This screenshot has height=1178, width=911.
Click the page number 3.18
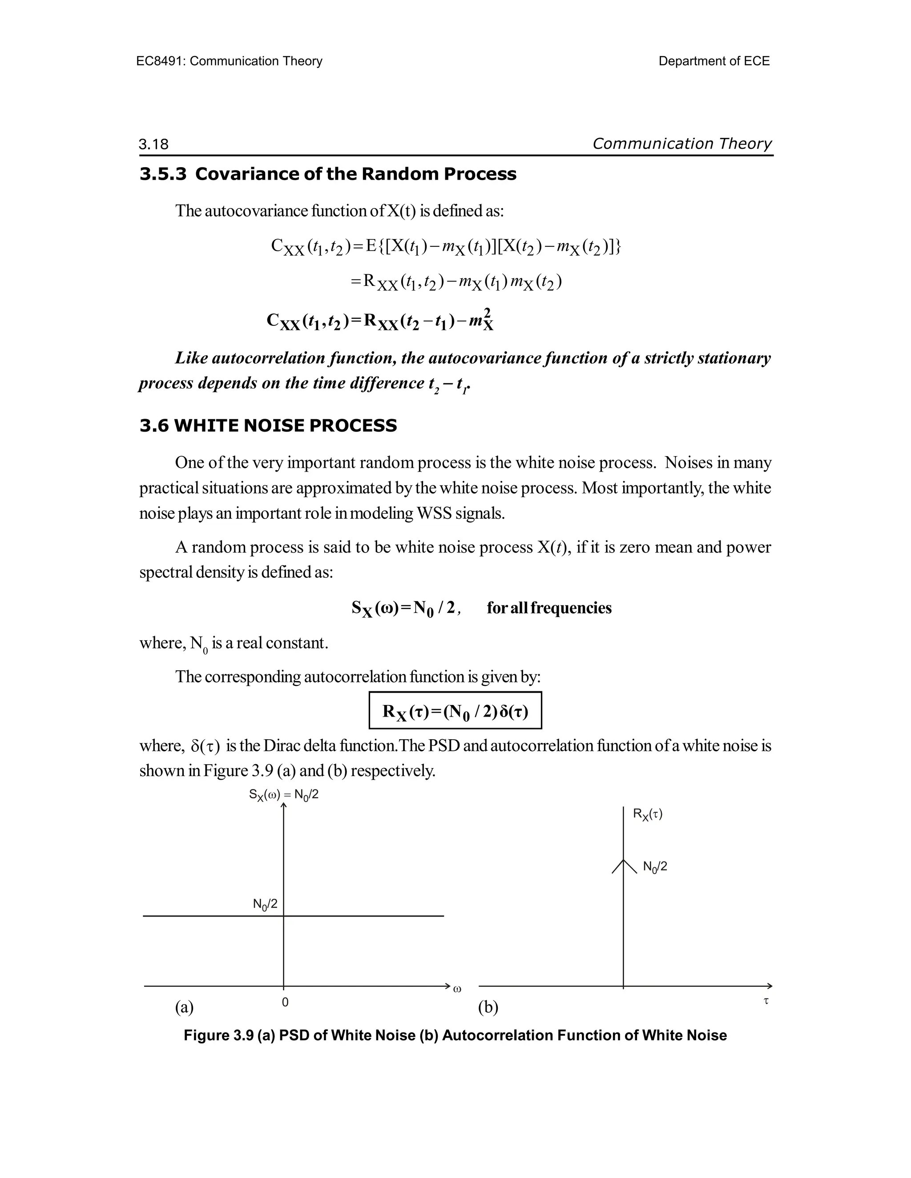(x=153, y=144)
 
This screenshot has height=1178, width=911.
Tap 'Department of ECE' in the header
(x=713, y=61)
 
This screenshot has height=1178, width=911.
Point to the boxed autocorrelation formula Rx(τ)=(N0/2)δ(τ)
(x=455, y=711)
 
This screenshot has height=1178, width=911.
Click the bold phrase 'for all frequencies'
(x=549, y=608)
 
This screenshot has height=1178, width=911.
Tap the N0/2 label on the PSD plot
(x=265, y=905)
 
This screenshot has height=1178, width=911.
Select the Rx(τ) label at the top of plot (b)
(x=648, y=814)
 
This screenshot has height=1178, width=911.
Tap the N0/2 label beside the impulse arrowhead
(x=655, y=867)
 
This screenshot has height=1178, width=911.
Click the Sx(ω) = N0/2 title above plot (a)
(x=283, y=795)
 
